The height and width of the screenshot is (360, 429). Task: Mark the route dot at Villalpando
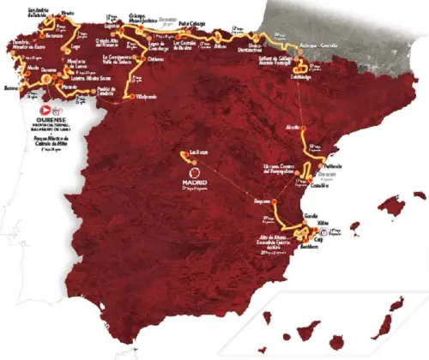[131, 98]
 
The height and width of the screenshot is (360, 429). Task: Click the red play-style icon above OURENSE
[46, 111]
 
